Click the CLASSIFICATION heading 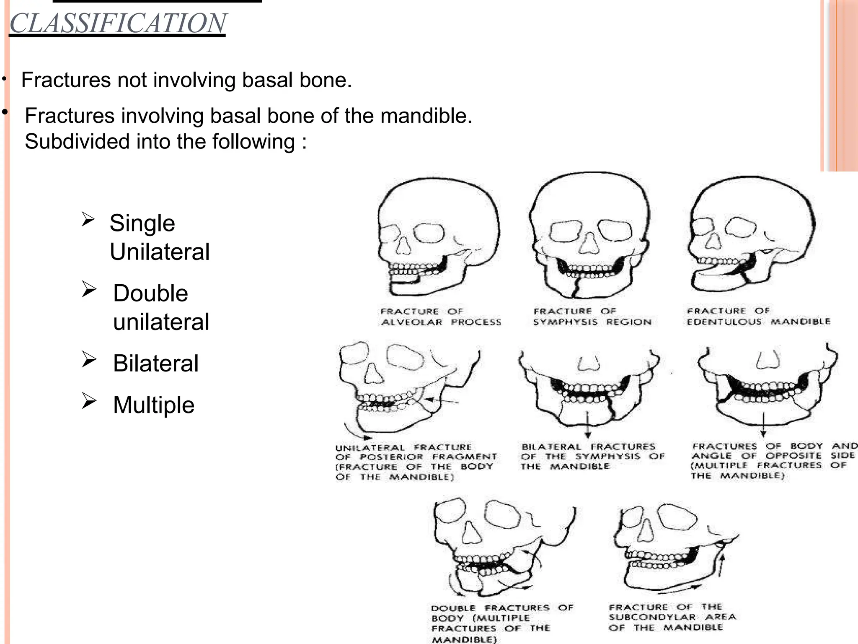pos(118,23)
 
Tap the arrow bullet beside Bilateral pos(89,360)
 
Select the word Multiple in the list pos(154,405)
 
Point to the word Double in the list pos(150,293)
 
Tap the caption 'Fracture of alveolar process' pos(441,317)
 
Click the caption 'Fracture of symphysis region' pos(592,317)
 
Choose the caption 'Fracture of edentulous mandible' pos(758,316)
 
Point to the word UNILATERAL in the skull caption pos(370,448)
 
